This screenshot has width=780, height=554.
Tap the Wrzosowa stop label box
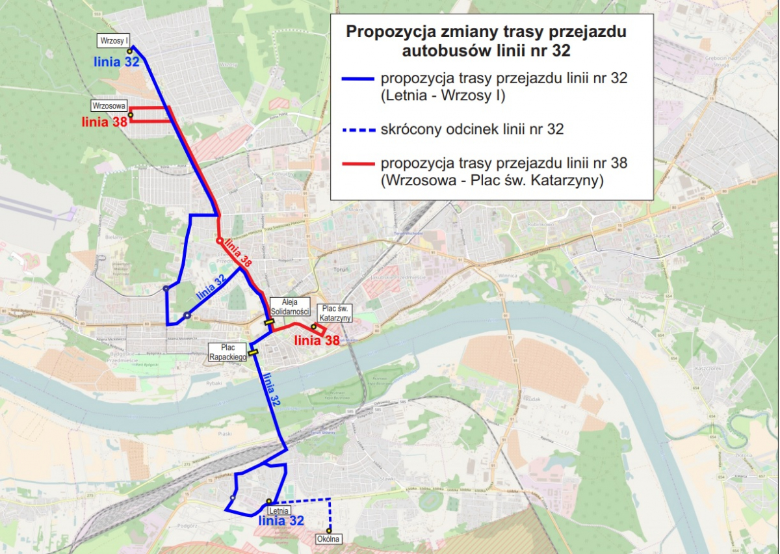point(109,105)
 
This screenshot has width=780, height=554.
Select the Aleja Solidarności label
point(291,307)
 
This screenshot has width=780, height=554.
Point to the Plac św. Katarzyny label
point(335,313)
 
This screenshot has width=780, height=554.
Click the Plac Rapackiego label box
point(227,352)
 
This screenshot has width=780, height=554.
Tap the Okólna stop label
point(328,539)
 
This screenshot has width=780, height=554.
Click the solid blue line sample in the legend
point(357,79)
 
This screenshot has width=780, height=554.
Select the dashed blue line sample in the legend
point(357,129)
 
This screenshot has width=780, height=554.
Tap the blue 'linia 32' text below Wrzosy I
point(116,62)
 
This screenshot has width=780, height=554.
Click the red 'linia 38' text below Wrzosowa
point(104,122)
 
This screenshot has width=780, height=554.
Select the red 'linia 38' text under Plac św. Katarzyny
point(317,339)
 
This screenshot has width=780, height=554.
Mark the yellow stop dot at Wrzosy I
point(129,51)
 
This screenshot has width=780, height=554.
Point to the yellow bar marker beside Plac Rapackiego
point(253,353)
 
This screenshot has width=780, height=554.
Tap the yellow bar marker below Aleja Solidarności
point(268,321)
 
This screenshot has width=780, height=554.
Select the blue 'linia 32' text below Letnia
point(281,521)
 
